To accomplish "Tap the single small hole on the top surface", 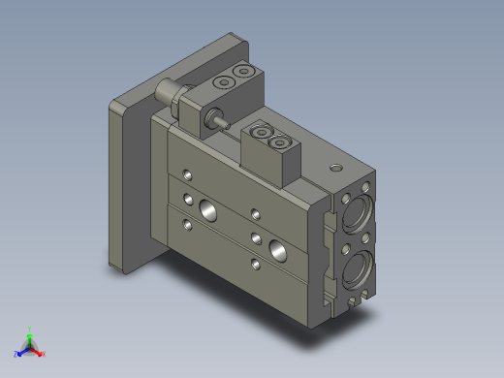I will click(x=335, y=168).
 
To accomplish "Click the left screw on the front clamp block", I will click(x=260, y=135).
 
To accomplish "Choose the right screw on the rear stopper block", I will click(x=243, y=74).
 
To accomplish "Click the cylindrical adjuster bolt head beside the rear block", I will click(x=166, y=93).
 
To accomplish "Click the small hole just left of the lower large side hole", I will click(x=256, y=236).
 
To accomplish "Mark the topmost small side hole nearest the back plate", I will click(x=185, y=175).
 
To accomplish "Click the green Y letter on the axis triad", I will click(x=30, y=330).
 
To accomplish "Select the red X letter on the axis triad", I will click(x=43, y=354).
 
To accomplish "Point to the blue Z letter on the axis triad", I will click(x=16, y=354).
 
